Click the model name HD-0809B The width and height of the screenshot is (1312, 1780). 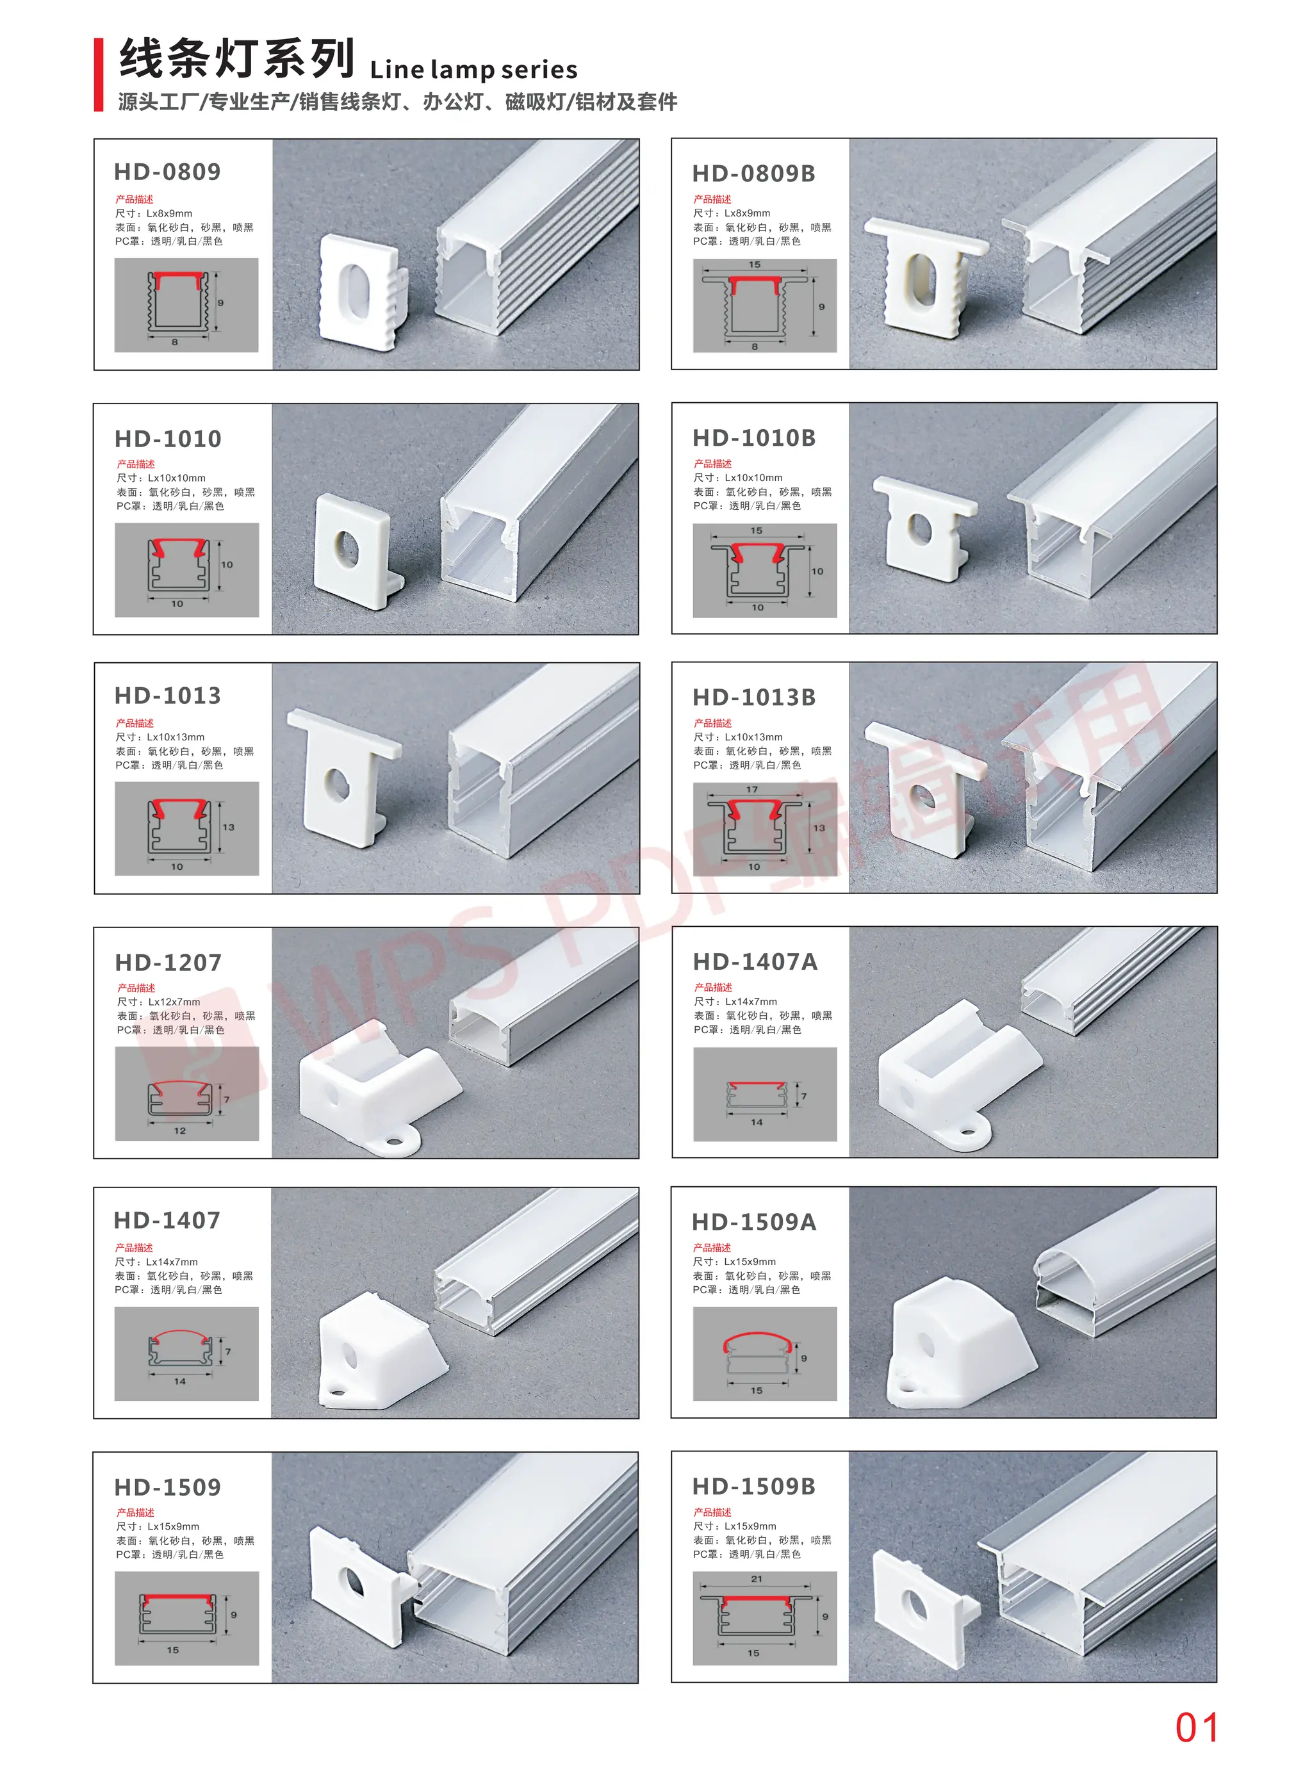pos(753,173)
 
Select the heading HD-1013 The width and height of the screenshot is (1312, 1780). pos(168,696)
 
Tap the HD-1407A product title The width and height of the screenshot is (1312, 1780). pos(755,961)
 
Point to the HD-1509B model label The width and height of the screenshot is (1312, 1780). pos(753,1486)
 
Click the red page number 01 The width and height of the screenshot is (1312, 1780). pos(1196,1727)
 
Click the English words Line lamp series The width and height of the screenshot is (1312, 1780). pos(473,70)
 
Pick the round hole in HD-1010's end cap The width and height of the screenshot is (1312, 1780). pos(347,548)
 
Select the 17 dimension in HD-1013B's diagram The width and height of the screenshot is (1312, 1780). pos(751,789)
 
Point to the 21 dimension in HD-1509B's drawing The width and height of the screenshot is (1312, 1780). pos(755,1578)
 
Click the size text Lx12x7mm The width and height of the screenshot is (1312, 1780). pos(174,1002)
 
